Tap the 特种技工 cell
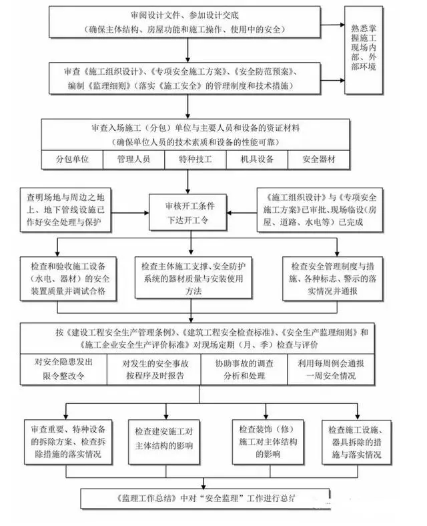[x=194, y=160]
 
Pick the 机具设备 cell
[x=256, y=160]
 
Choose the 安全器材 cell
[x=318, y=160]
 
